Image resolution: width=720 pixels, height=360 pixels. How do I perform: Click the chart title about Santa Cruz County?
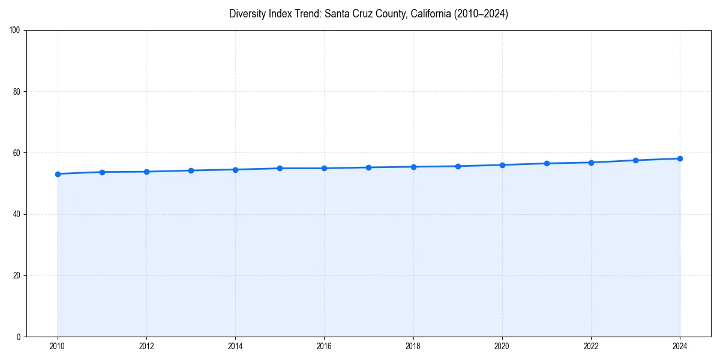368,14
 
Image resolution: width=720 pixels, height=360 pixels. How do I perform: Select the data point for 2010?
58,174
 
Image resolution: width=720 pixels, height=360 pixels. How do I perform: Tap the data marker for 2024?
680,158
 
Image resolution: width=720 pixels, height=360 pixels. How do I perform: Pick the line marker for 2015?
280,168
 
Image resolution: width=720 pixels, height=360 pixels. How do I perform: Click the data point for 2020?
502,165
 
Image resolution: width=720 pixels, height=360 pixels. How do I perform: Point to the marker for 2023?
635,160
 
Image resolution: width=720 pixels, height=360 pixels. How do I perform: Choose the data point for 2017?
368,167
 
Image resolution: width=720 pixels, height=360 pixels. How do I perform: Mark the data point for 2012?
146,172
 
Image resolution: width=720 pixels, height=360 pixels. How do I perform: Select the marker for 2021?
547,163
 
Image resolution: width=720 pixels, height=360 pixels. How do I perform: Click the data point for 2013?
191,170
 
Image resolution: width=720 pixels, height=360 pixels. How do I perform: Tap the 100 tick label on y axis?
16,31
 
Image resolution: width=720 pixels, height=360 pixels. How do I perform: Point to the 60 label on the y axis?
17,153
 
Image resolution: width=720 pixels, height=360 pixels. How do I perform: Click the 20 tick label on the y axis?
17,275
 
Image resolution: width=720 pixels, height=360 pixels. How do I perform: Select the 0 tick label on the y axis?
19,337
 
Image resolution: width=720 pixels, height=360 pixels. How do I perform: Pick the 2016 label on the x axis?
324,346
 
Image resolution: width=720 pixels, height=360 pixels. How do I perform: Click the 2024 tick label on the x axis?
680,346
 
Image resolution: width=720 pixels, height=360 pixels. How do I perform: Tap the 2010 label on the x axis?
58,346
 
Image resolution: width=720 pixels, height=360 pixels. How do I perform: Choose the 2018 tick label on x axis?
413,346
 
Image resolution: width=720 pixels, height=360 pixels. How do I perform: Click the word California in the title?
434,14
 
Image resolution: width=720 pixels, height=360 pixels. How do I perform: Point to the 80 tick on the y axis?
17,92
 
